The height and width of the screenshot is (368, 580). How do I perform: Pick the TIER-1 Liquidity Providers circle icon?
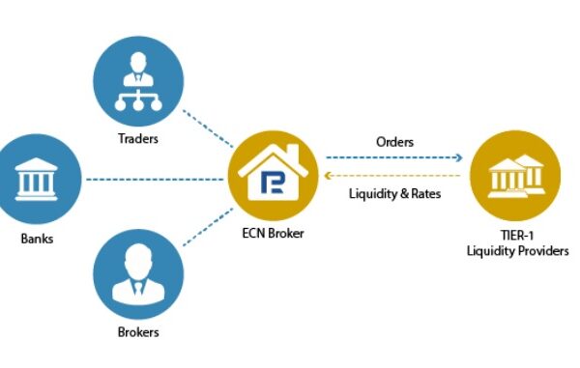point(516,181)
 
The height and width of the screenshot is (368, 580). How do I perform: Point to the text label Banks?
point(35,237)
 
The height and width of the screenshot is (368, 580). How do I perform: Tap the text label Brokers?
point(137,333)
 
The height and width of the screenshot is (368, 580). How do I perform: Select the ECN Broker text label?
point(275,233)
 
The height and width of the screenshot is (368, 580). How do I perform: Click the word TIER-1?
point(516,238)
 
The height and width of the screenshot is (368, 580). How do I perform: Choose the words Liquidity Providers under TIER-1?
point(516,253)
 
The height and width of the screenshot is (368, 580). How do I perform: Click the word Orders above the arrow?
point(394,142)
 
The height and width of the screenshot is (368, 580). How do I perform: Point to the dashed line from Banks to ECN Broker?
point(155,180)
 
